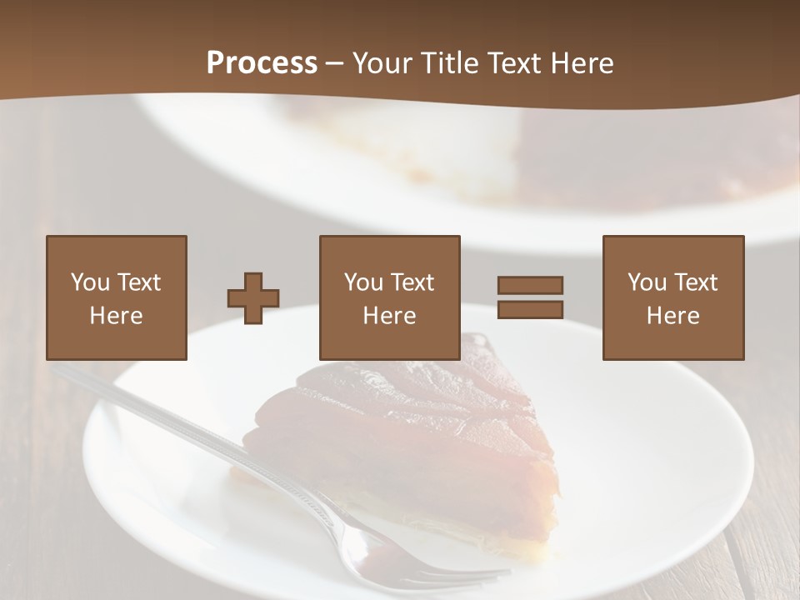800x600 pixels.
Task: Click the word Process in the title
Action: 262,63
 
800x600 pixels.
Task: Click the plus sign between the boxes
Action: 253,298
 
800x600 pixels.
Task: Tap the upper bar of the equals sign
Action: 530,285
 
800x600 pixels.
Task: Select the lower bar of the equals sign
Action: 530,309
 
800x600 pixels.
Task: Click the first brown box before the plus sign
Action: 117,250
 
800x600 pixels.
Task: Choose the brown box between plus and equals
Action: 390,250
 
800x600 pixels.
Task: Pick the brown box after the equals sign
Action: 673,250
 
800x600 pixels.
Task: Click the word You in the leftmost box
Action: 90,282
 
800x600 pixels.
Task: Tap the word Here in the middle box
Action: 390,316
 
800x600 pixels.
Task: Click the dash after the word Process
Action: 335,64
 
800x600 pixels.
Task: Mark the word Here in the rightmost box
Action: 673,316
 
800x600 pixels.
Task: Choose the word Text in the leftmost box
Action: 138,282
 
